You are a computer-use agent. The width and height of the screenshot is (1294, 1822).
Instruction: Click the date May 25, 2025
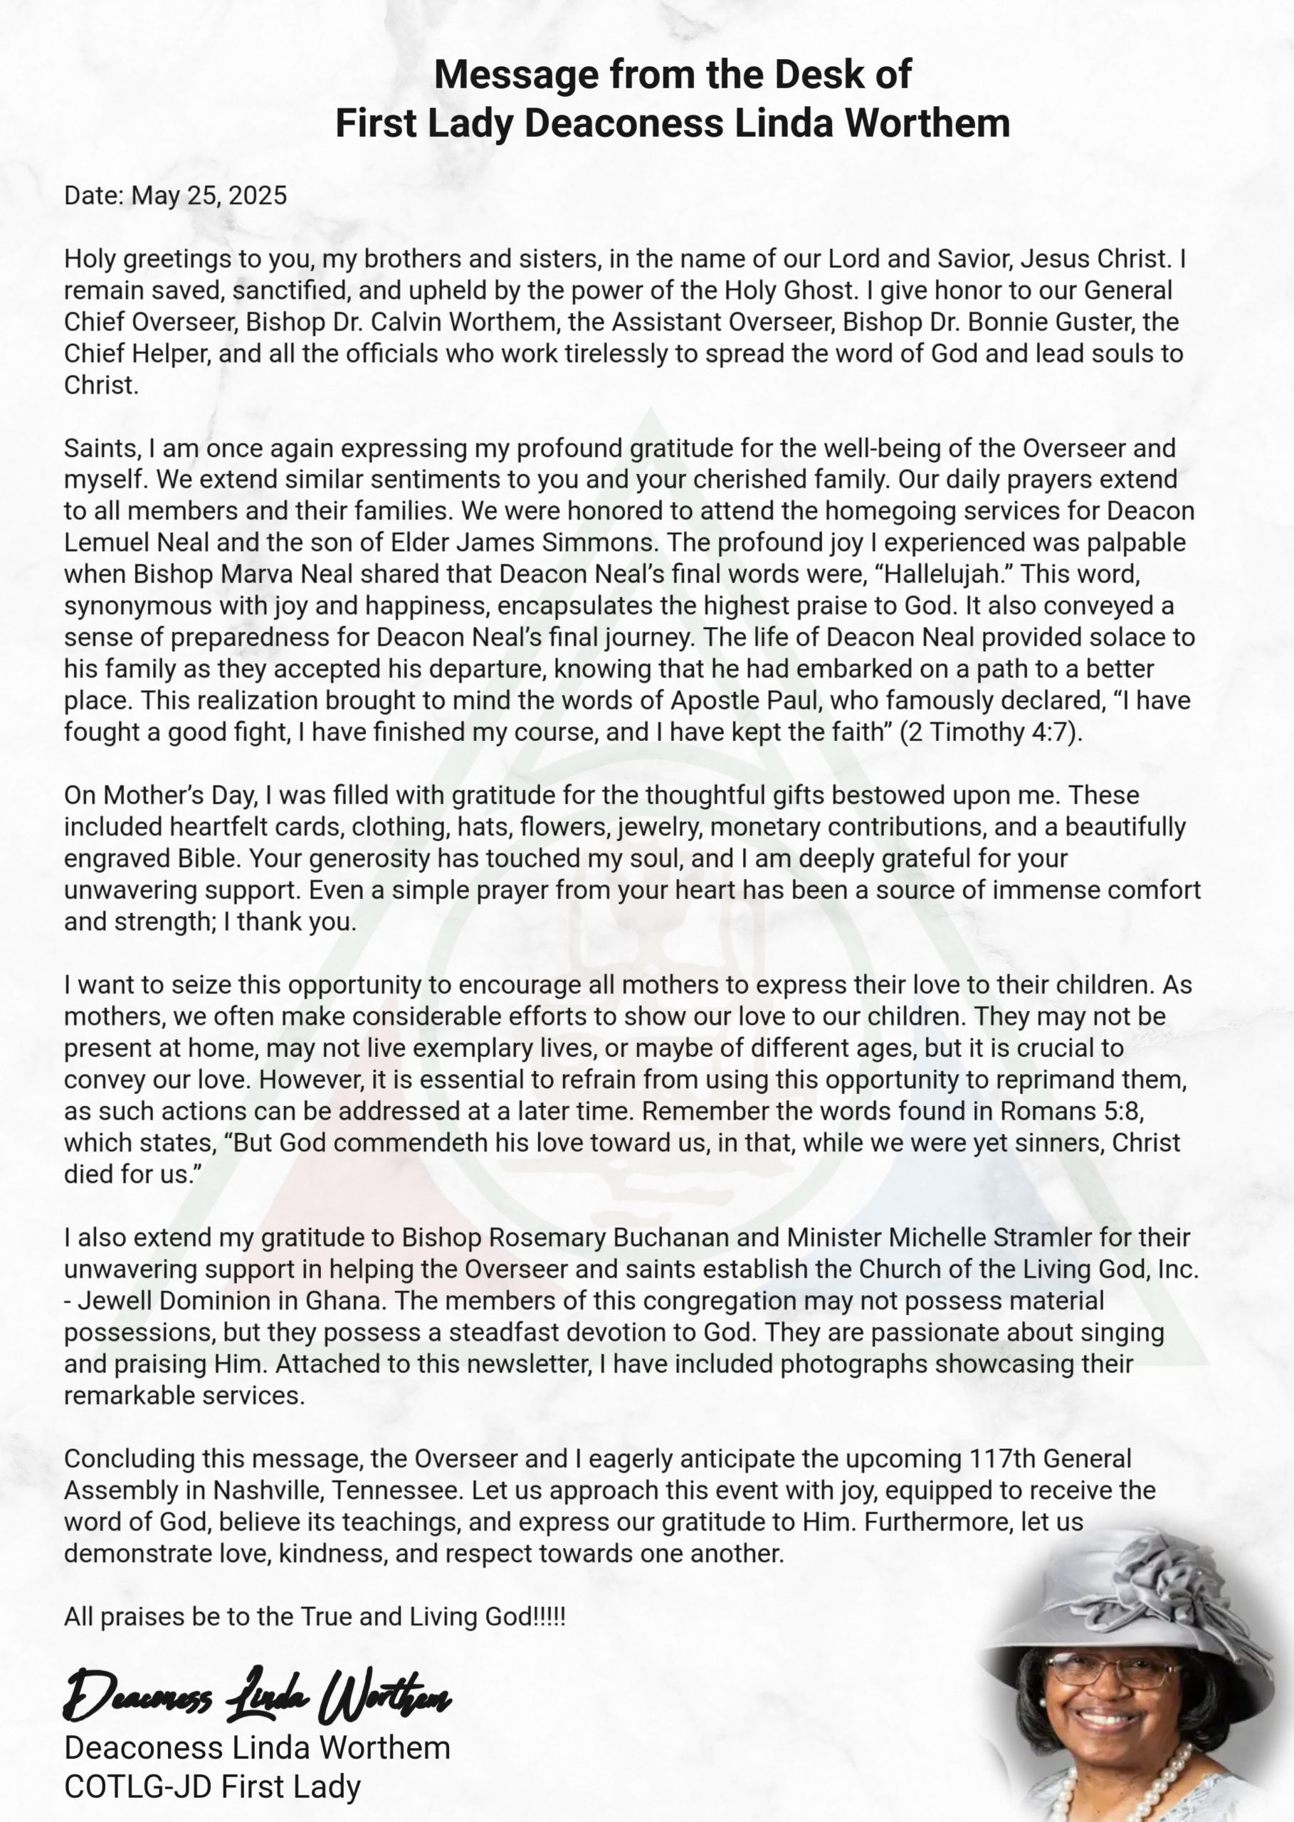[209, 195]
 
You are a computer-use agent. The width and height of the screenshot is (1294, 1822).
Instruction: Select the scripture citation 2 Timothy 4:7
[989, 732]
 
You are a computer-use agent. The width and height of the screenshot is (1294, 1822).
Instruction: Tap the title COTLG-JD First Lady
[212, 1787]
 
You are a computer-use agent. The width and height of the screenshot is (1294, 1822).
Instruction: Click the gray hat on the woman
[1132, 1594]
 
